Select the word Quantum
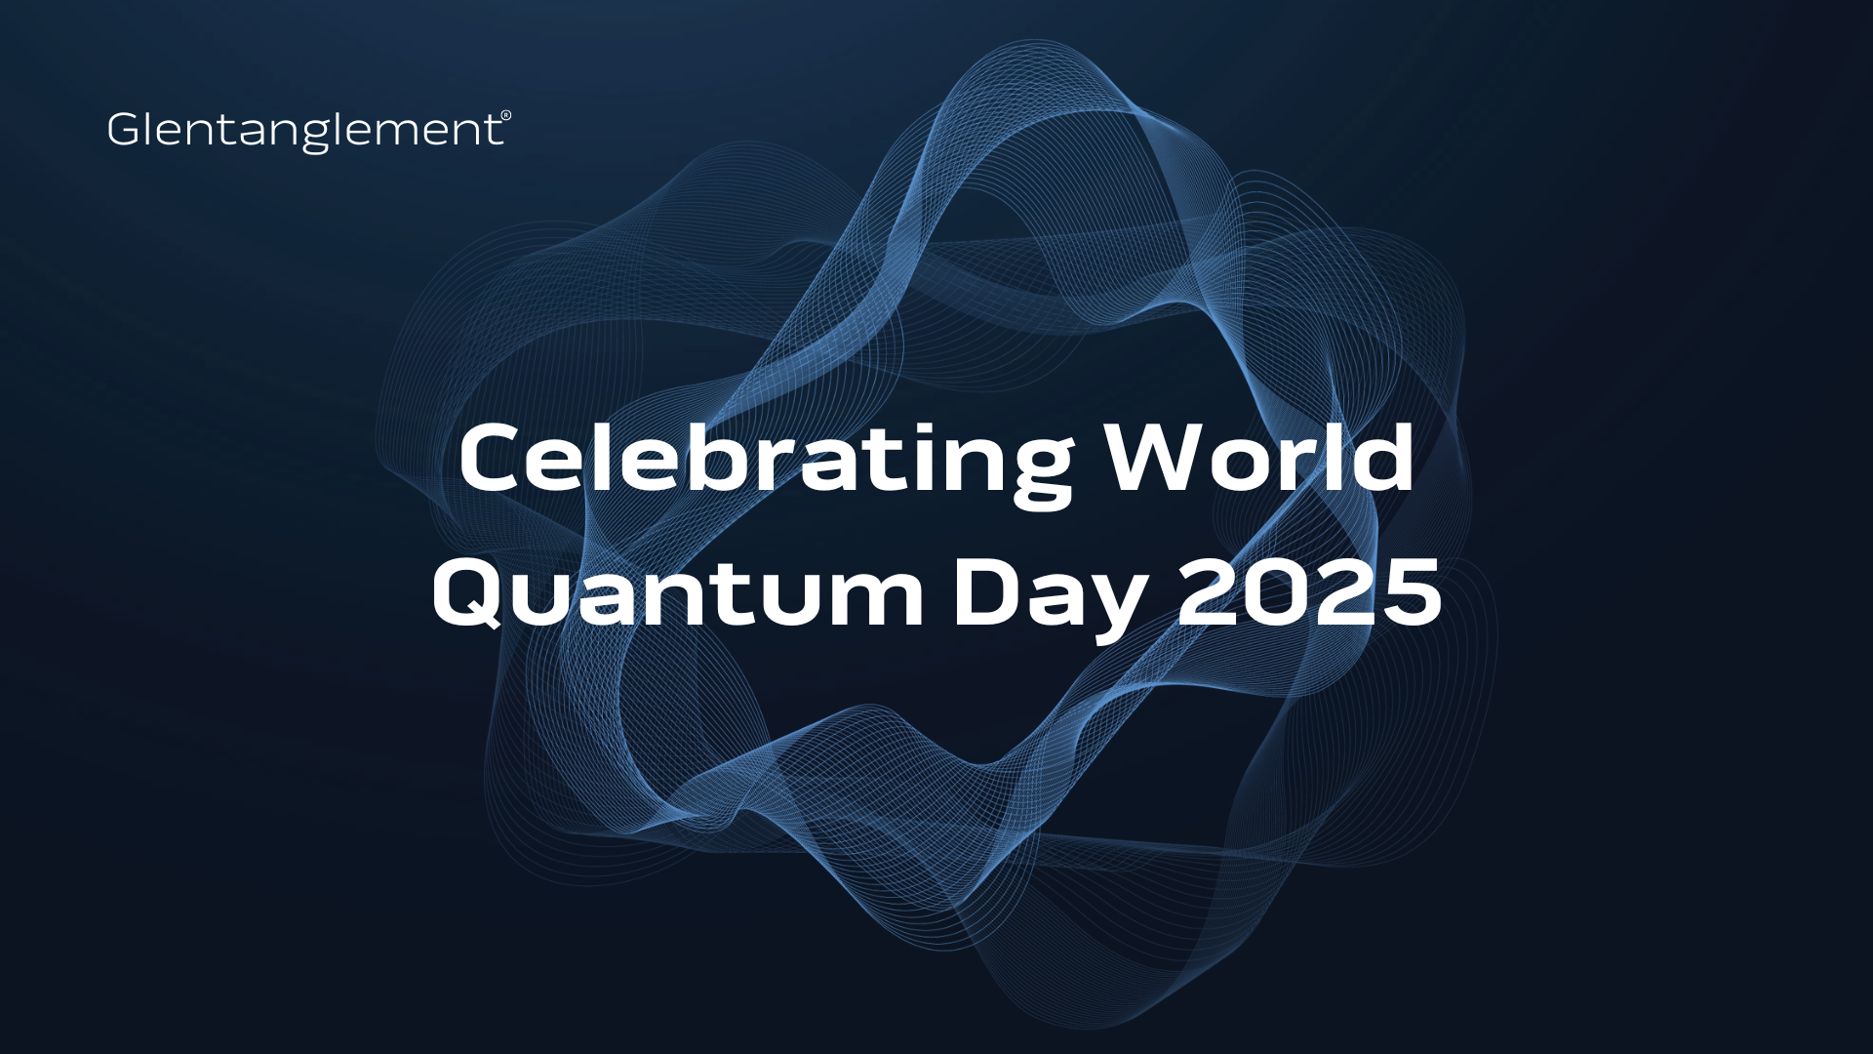(678, 592)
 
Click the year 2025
(1309, 593)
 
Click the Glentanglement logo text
(304, 132)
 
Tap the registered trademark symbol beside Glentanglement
(506, 115)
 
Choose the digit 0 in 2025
(1277, 593)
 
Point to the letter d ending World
(1383, 457)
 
